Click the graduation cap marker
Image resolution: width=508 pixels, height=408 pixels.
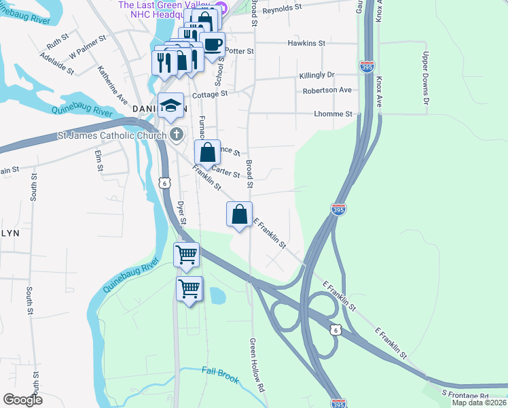point(171,106)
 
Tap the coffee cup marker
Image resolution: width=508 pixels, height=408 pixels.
point(213,45)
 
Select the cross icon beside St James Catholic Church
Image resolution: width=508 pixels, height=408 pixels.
point(177,135)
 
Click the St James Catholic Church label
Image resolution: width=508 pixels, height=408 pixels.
point(112,136)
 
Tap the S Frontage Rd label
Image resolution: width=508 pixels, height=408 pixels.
point(465,395)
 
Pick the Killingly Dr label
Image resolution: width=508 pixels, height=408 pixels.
point(316,75)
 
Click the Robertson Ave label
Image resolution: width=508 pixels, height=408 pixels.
point(327,90)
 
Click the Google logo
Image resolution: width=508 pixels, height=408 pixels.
point(22,400)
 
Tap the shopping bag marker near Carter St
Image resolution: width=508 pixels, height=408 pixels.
point(208,153)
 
